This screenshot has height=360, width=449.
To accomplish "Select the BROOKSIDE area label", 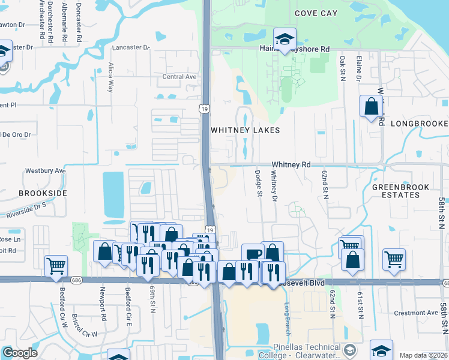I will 43,193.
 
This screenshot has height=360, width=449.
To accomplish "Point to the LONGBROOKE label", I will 419,124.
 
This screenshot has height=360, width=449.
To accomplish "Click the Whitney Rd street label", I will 291,164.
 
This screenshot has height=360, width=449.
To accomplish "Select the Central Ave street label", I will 179,77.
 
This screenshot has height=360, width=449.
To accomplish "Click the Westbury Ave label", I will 44,170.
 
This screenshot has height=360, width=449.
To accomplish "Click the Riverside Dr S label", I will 26,209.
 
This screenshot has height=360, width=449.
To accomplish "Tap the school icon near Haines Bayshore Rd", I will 285,38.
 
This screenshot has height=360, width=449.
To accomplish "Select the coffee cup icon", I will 253,254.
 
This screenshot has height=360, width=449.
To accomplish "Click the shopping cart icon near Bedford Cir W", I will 56,265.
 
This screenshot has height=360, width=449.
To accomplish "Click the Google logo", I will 20,353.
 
